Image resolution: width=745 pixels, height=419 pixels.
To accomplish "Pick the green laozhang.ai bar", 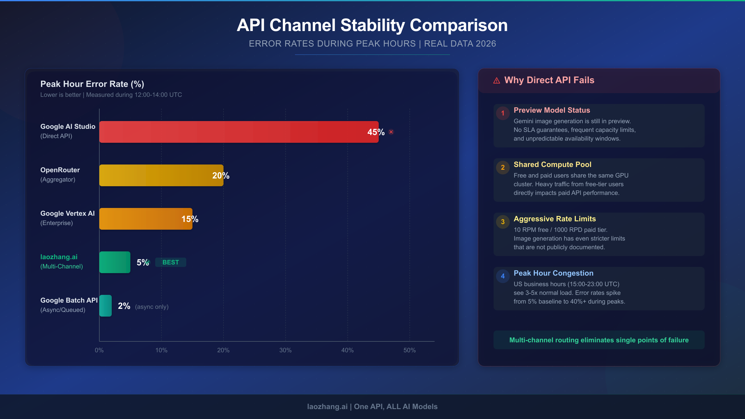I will [x=115, y=262].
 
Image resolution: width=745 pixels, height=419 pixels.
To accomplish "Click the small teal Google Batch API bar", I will [x=106, y=306].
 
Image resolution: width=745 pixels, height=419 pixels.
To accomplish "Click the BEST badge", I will [x=171, y=262].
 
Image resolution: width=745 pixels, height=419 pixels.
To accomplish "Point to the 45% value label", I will [x=376, y=132].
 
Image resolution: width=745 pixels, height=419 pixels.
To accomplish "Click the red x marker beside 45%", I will [x=391, y=132].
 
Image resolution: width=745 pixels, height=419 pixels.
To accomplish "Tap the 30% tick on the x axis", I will [x=285, y=350].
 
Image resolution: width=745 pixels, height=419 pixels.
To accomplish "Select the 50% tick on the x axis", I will [x=409, y=350].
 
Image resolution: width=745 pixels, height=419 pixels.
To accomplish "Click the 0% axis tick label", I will [x=99, y=350].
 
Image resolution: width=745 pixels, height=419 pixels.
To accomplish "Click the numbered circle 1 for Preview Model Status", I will [x=503, y=113].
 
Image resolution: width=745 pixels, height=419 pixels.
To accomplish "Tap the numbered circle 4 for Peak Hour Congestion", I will [x=503, y=276].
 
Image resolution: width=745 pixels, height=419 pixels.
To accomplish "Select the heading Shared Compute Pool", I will [x=553, y=164].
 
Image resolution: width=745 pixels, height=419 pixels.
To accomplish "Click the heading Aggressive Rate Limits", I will [x=555, y=219].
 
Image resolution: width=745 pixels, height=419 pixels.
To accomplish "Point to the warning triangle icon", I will [x=497, y=81].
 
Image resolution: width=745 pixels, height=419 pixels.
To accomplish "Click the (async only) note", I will [x=152, y=307].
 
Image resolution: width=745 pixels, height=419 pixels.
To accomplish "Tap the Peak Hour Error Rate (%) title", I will [x=92, y=84].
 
